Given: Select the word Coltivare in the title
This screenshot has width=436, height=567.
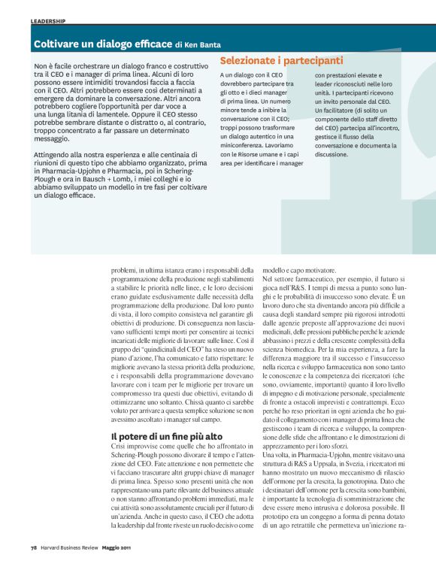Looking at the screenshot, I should point(59,44).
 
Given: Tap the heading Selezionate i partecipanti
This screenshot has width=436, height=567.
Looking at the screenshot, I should point(281,60).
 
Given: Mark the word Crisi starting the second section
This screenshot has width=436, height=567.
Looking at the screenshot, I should point(121,447).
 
